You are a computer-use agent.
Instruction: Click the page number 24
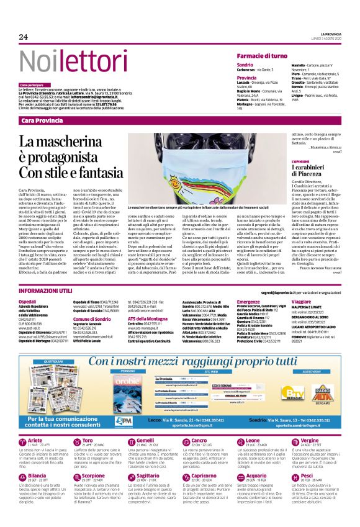point(24,37)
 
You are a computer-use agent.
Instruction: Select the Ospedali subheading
point(28,300)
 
